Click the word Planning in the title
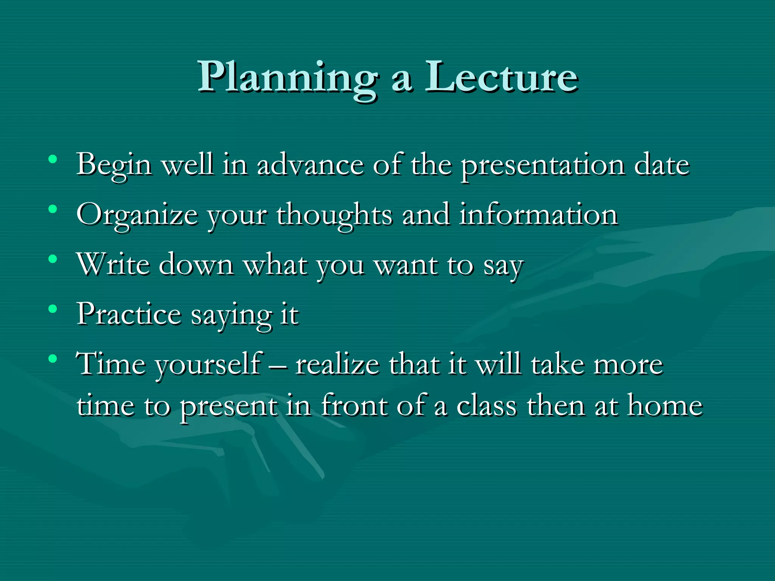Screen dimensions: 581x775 point(288,78)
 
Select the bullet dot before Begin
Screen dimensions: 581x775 point(53,159)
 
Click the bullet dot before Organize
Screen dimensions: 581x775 point(53,209)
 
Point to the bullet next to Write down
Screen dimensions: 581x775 point(53,259)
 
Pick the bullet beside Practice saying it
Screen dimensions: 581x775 point(53,309)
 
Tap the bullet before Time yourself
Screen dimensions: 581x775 point(53,358)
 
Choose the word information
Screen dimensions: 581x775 point(538,214)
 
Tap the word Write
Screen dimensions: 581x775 point(114,264)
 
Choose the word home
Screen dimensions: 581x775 point(665,405)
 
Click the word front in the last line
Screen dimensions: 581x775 point(354,405)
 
